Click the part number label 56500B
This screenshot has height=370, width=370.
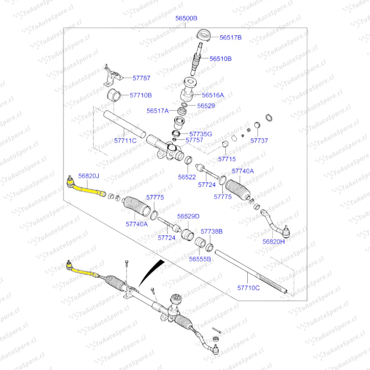pyautogui.click(x=186, y=18)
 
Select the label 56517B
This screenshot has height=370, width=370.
pyautogui.click(x=230, y=37)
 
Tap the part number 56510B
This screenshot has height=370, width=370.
pyautogui.click(x=220, y=59)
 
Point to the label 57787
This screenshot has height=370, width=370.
pyautogui.click(x=141, y=78)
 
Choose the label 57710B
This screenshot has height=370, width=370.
pyautogui.click(x=141, y=95)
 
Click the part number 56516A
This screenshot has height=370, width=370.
pyautogui.click(x=213, y=95)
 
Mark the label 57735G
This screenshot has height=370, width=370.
pyautogui.click(x=201, y=134)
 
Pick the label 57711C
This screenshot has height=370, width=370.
pyautogui.click(x=125, y=140)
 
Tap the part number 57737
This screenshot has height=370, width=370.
pyautogui.click(x=259, y=140)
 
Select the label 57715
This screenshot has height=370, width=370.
pyautogui.click(x=227, y=159)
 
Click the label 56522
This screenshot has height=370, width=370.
pyautogui.click(x=187, y=177)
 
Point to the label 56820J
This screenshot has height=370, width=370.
pyautogui.click(x=88, y=176)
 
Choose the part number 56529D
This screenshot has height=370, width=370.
pyautogui.click(x=188, y=216)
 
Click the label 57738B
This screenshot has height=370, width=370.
pyautogui.click(x=211, y=232)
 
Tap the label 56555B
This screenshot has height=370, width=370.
pyautogui.click(x=200, y=259)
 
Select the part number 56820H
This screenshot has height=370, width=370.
pyautogui.click(x=274, y=241)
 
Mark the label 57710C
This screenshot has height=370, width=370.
pyautogui.click(x=248, y=288)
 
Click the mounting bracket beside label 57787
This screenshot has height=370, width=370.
pyautogui.click(x=111, y=76)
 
